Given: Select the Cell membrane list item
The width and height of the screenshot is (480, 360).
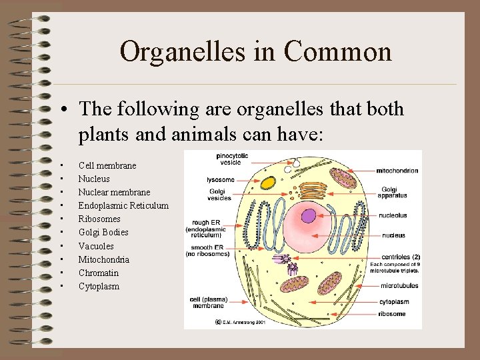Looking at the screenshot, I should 107,165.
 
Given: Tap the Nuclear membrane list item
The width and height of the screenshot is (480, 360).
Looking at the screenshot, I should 114,192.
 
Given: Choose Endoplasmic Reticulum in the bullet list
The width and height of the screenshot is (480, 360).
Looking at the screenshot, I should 123,205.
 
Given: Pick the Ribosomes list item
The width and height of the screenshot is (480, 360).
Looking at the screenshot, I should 99,219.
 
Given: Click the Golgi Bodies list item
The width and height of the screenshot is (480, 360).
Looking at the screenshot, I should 103,232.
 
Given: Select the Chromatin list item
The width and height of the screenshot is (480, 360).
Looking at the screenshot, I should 98,273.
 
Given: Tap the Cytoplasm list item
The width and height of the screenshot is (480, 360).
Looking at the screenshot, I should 99,286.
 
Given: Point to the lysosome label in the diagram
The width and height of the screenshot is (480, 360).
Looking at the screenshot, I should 220,180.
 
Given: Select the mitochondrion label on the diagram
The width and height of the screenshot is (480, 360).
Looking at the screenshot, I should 397,171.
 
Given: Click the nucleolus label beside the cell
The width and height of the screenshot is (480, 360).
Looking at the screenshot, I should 393,216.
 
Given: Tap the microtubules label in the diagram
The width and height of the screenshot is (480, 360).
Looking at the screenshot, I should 399,286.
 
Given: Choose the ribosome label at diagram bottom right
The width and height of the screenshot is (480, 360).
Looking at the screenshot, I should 393,313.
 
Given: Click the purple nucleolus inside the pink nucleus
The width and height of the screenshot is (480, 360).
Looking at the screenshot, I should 309,215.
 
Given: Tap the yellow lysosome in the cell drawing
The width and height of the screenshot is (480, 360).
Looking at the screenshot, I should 268,182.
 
